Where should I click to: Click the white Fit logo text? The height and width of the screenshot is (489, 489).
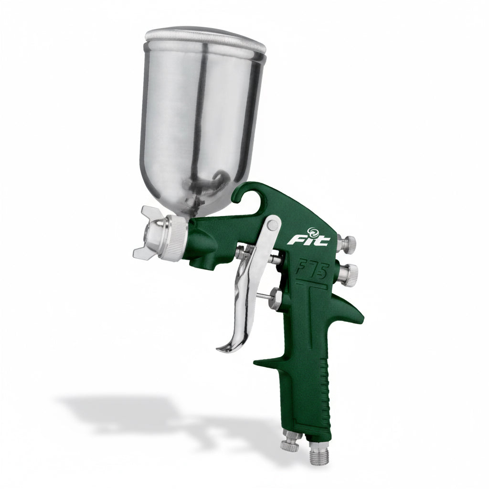point(308,240)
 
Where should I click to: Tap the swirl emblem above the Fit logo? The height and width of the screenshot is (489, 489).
point(312,231)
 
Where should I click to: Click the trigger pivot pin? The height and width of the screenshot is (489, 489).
point(273,224)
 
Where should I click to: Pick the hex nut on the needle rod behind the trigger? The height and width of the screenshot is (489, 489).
point(276,298)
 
